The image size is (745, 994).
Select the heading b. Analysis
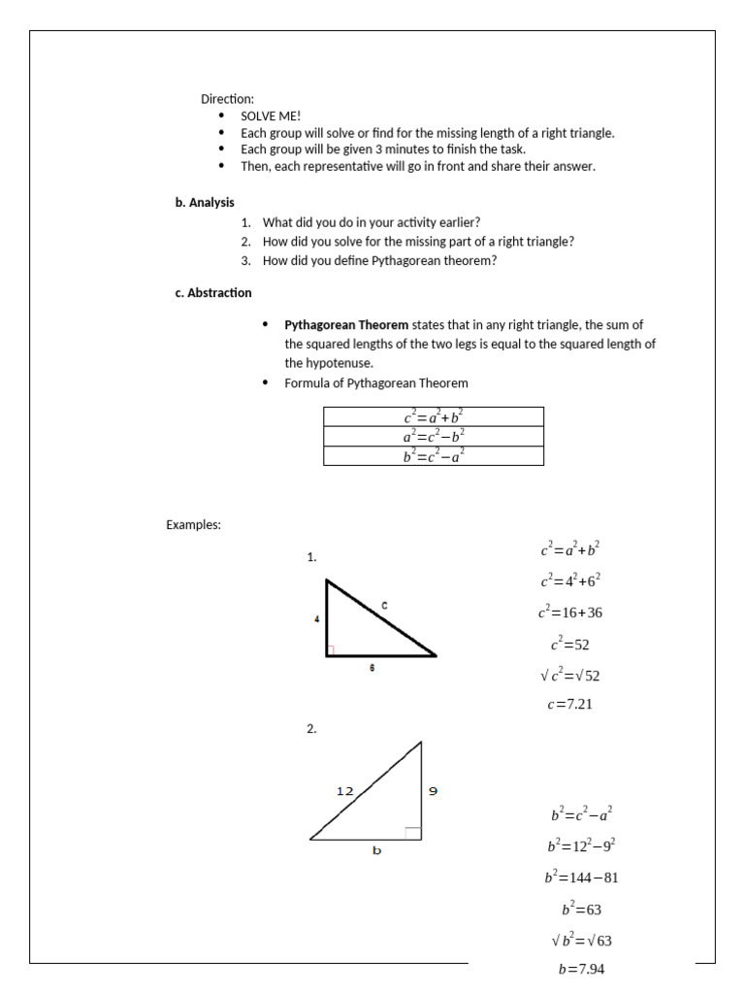(x=205, y=203)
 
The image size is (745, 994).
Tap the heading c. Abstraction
(x=213, y=292)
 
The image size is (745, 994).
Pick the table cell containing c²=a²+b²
(x=434, y=417)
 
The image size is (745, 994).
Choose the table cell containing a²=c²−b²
(x=434, y=437)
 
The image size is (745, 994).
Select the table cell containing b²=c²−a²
(x=434, y=456)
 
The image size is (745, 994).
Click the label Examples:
(x=194, y=525)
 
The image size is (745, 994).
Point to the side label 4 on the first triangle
(x=317, y=618)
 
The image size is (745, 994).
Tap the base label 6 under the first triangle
(x=372, y=669)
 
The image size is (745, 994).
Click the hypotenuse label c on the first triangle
(x=384, y=606)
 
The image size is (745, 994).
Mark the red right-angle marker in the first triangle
(x=332, y=650)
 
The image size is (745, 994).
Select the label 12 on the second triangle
(x=345, y=791)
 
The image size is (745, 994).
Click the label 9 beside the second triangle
(x=433, y=791)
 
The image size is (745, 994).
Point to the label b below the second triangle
(x=377, y=850)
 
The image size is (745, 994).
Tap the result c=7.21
(x=569, y=705)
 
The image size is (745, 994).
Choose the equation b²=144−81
(x=581, y=878)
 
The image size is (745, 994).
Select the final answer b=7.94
(x=581, y=969)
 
